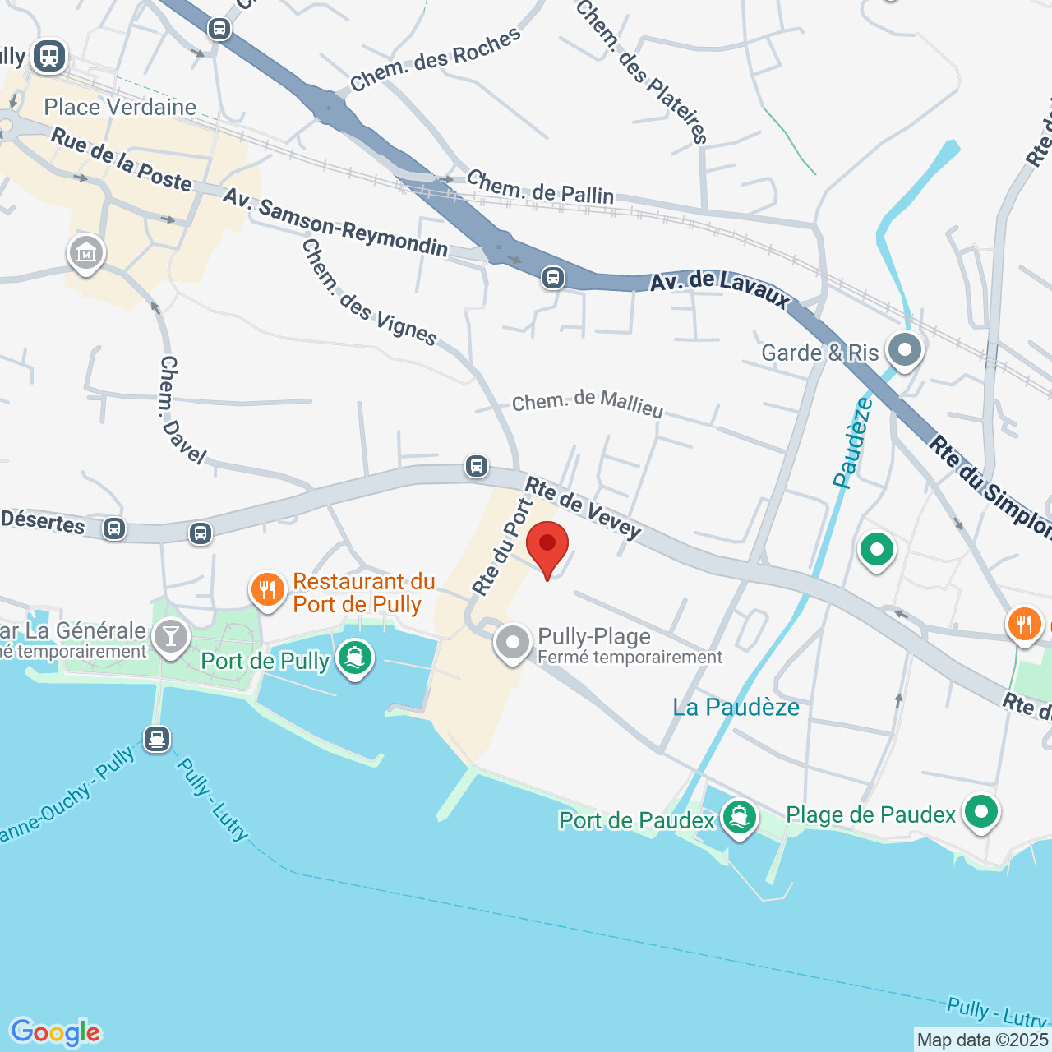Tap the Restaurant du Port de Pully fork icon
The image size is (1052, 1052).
click(x=267, y=590)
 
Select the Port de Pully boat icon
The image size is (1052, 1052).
click(x=355, y=658)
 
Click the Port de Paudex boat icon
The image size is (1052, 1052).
click(x=739, y=818)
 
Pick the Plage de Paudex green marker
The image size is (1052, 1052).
click(x=980, y=812)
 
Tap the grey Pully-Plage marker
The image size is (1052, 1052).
click(x=513, y=643)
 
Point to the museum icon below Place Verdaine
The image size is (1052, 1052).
click(x=86, y=253)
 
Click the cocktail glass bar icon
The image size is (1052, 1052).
click(x=171, y=637)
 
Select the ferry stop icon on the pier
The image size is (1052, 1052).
click(x=157, y=739)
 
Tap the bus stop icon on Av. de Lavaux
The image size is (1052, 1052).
click(x=553, y=278)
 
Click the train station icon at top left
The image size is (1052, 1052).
click(x=49, y=56)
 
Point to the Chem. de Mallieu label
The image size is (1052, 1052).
click(x=587, y=404)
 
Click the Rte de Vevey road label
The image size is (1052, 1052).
click(x=583, y=508)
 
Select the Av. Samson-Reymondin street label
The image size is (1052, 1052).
click(x=335, y=223)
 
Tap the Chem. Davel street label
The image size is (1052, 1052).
click(x=181, y=409)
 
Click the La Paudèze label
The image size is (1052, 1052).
click(x=736, y=708)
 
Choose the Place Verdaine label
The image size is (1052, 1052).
click(x=120, y=108)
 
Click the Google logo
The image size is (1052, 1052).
click(x=55, y=1032)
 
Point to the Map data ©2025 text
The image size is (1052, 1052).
click(x=982, y=1040)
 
